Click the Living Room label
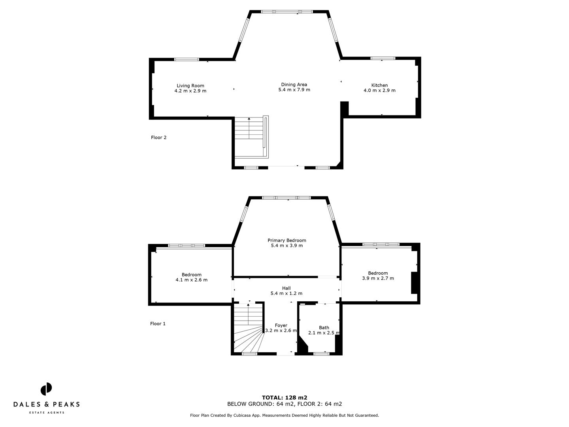pos(190,85)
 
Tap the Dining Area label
pos(294,84)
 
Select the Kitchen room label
pos(379,85)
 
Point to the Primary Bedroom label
pos(286,240)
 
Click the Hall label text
pos(286,288)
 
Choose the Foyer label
pos(281,325)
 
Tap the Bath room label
pos(324,327)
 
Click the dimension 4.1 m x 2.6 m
pos(191,280)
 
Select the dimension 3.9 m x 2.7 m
pos(378,278)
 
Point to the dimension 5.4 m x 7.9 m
pos(294,90)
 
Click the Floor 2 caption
pos(158,138)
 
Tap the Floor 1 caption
pos(158,324)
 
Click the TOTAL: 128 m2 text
pos(284,398)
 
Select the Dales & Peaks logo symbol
pos(46,389)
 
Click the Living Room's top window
pos(187,59)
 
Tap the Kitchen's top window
pos(382,58)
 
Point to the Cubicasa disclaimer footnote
pos(284,416)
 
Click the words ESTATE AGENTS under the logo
pos(47,413)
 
